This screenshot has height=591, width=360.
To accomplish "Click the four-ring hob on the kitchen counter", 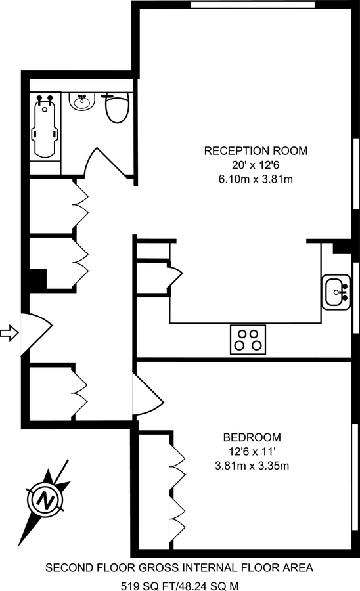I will point(248,339).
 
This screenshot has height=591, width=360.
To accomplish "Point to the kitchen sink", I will point(338,292).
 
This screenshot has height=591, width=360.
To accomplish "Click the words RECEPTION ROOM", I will point(256,150).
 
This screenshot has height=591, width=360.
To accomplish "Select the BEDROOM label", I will point(252,437).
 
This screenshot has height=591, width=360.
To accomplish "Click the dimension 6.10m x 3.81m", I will point(256,179).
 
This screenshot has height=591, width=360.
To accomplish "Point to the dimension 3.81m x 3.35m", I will point(252,466).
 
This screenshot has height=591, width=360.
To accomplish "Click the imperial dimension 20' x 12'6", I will point(256,165).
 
